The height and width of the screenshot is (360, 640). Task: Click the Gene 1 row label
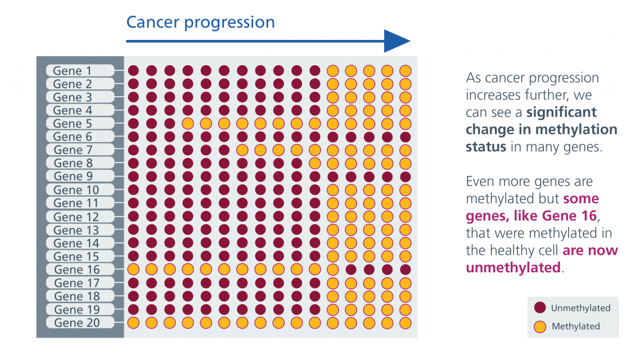(x=72, y=71)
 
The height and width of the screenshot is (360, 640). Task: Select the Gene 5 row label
(x=72, y=124)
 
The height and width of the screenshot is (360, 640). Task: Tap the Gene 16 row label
(x=76, y=270)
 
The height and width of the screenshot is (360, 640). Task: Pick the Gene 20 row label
(x=76, y=323)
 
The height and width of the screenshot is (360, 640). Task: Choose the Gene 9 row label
(x=72, y=177)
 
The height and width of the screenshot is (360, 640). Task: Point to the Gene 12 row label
(x=76, y=217)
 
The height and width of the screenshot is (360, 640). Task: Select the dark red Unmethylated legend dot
(x=540, y=308)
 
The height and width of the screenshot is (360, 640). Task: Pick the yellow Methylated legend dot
(x=540, y=326)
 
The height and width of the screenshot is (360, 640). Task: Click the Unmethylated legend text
(x=580, y=308)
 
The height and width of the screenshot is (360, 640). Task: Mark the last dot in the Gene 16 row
(x=405, y=270)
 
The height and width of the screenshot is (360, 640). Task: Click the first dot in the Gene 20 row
(x=133, y=323)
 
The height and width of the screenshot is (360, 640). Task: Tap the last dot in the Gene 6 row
(x=405, y=137)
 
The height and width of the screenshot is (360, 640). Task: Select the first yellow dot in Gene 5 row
(x=188, y=124)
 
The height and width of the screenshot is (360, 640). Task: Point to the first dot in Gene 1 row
(x=133, y=71)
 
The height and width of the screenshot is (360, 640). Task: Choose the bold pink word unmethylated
(x=513, y=267)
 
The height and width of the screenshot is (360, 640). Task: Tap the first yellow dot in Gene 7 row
(x=242, y=150)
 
